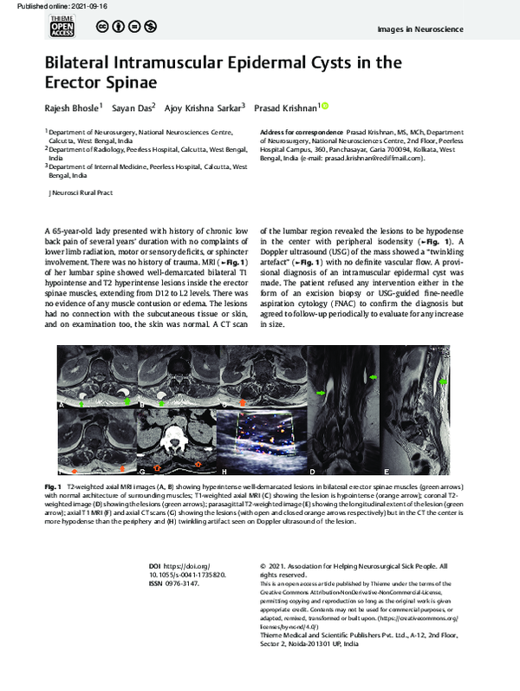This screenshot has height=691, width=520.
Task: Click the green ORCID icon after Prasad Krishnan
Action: (326, 106)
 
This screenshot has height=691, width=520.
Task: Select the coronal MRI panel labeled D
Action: (343, 420)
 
